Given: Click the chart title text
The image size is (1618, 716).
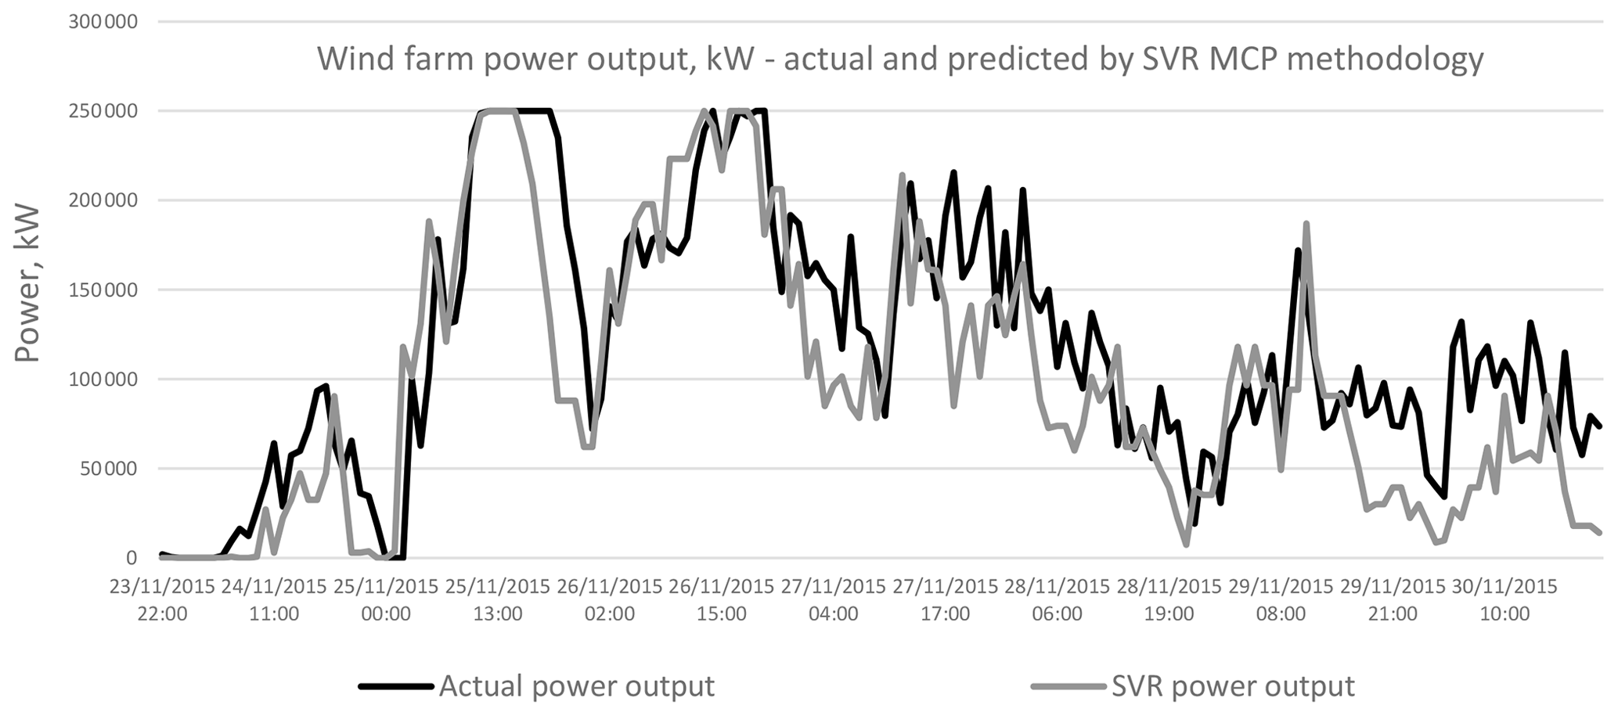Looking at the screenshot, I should pyautogui.click(x=900, y=59).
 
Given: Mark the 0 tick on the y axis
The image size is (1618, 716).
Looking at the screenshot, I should pyautogui.click(x=132, y=559).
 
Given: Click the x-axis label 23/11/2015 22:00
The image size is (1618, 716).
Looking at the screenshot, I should pyautogui.click(x=162, y=600).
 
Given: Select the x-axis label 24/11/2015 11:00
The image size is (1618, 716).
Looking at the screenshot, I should pyautogui.click(x=274, y=600).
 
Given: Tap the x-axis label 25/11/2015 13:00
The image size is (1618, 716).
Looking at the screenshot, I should pyautogui.click(x=498, y=600).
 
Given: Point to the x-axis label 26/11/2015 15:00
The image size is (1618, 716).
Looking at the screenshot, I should pyautogui.click(x=722, y=600).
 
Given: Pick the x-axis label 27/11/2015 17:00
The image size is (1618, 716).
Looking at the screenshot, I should pyautogui.click(x=946, y=600).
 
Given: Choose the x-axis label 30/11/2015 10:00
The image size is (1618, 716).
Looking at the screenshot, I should pyautogui.click(x=1504, y=600).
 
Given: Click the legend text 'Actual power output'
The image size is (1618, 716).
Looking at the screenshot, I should pyautogui.click(x=577, y=686).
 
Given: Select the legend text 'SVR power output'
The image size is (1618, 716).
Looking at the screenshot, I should pyautogui.click(x=1233, y=686).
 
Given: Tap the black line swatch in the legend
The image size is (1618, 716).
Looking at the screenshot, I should pyautogui.click(x=396, y=687).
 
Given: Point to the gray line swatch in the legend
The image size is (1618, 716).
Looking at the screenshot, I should pyautogui.click(x=1068, y=687).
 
